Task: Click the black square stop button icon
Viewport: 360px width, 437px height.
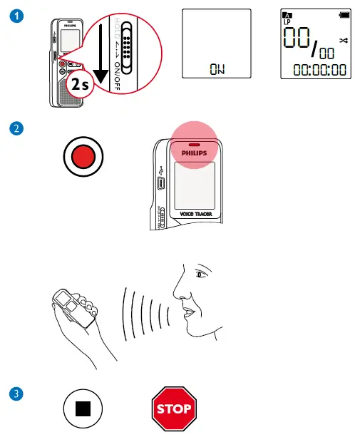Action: coord(83,410)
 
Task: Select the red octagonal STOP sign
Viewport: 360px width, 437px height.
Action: coord(174,409)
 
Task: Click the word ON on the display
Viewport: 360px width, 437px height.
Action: coord(216,68)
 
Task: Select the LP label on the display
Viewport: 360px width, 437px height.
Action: coord(287,23)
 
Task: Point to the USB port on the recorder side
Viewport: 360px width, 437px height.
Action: coord(162,182)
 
